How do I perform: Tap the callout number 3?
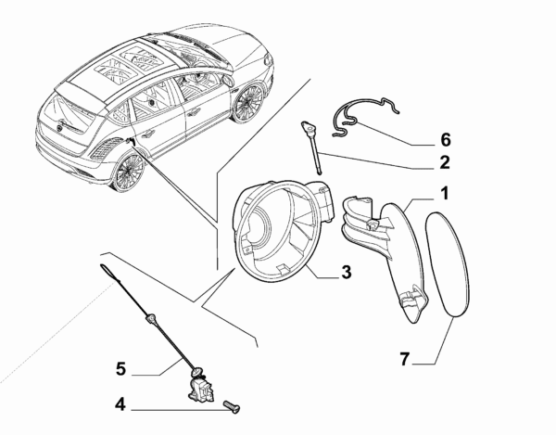(x=345, y=272)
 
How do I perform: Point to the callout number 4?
(x=120, y=404)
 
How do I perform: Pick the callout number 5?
(x=120, y=368)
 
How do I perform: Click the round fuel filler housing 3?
(x=278, y=232)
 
